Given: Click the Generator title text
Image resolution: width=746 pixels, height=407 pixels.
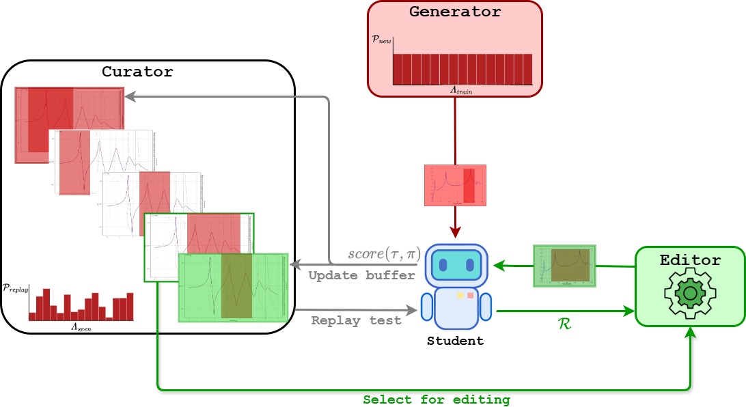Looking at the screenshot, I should coord(455,12).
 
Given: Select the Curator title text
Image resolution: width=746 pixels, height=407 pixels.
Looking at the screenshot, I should coord(137,71).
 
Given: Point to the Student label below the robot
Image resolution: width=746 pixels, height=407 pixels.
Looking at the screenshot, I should coord(455,341).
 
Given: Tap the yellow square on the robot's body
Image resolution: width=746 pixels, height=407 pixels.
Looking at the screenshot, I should coord(460,296).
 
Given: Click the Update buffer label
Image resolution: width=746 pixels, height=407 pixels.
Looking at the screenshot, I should coord(361,275).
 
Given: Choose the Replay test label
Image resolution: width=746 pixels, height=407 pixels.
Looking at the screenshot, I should coord(356,320).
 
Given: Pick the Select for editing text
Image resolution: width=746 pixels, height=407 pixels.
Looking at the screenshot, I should coord(436,399).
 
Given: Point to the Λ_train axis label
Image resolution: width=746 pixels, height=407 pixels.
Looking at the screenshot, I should coord(462,89).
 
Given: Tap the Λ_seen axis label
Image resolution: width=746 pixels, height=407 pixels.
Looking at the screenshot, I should coord(82,327).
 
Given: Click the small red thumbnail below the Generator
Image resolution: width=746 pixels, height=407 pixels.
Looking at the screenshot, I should coord(455,185).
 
